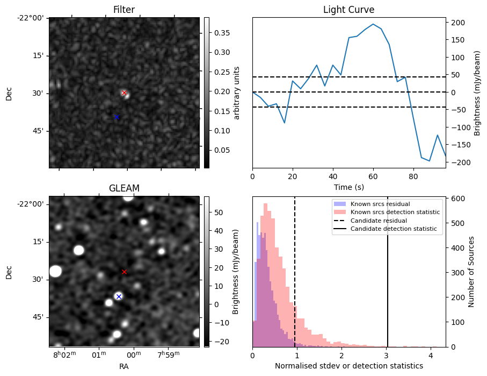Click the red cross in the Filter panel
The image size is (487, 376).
[x=124, y=93]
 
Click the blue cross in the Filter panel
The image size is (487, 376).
[x=117, y=117]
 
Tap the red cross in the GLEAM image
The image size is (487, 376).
[x=124, y=272]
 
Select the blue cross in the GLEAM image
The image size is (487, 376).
[x=119, y=296]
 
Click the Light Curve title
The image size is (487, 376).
[x=348, y=10]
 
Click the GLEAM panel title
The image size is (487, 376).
[x=124, y=188]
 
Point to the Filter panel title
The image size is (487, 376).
[x=124, y=10]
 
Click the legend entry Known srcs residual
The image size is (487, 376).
[x=380, y=204]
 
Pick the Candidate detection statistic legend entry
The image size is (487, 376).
[x=393, y=229]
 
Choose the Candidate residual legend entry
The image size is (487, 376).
[x=380, y=221]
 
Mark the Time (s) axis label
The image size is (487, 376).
[x=348, y=187]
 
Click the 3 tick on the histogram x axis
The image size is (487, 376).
[x=386, y=355]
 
